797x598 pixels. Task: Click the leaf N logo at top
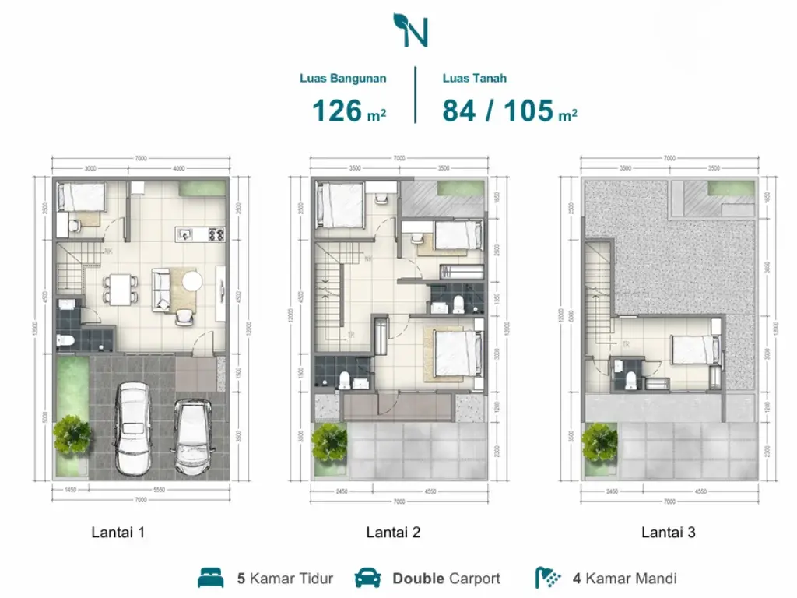point(411,29)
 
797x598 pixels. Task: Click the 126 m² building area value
point(349,111)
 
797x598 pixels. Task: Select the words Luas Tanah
point(475,78)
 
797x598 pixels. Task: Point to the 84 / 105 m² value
point(510,111)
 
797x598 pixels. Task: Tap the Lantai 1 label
point(118,533)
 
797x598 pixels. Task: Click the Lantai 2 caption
point(393,533)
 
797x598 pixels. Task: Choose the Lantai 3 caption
point(668,533)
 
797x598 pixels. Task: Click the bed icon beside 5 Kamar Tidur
point(211,578)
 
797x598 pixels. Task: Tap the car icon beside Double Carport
point(367,578)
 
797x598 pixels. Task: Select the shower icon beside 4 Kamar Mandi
point(547,578)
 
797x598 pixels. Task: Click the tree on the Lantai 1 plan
point(72,434)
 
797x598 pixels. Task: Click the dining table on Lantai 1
point(120,290)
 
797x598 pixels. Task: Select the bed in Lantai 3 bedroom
point(693,350)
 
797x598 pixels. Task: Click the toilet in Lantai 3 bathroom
point(631,379)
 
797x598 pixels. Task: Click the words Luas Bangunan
point(343,78)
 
